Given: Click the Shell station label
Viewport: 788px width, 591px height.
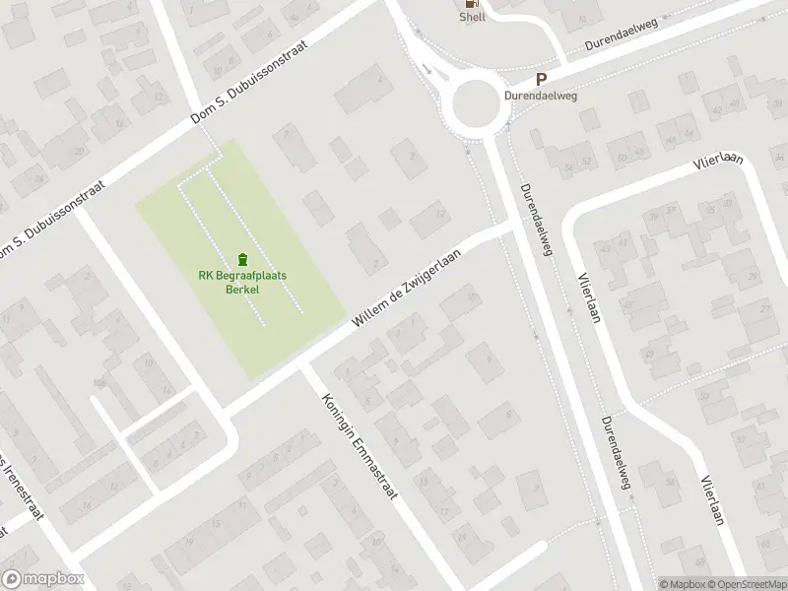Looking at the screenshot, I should pos(473,17).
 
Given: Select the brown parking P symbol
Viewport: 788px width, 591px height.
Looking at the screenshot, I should pos(540,80).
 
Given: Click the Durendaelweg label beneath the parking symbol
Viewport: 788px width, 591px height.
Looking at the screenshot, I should pos(540,98).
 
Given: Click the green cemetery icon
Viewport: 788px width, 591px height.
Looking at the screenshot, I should pos(242,259).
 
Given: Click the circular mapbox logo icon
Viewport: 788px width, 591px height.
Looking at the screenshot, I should pos(12,579).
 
